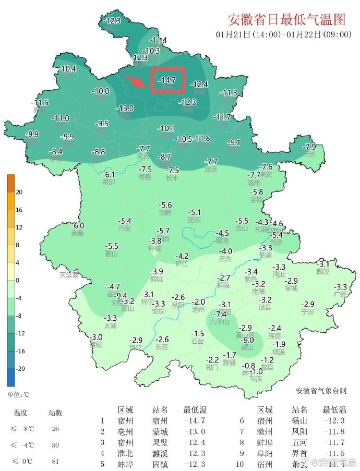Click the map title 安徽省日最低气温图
pyautogui.click(x=287, y=20)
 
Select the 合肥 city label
pyautogui.click(x=165, y=212)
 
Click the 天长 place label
pyautogui.click(x=310, y=154)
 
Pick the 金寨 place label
pyautogui.click(x=77, y=233)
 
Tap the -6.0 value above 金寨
pyautogui.click(x=77, y=225)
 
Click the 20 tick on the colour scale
pyautogui.click(x=19, y=192)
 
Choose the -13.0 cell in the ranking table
pyautogui.click(x=195, y=431)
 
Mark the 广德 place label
pyautogui.click(x=340, y=294)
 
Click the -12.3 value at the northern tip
pyautogui.click(x=113, y=21)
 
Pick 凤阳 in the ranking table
pyautogui.click(x=299, y=431)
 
